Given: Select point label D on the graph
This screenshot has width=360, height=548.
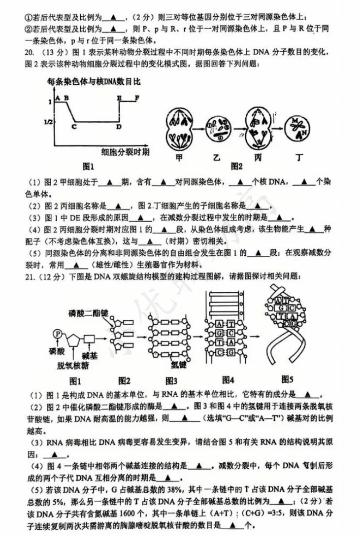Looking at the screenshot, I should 119,127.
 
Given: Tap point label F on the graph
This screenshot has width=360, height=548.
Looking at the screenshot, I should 137,98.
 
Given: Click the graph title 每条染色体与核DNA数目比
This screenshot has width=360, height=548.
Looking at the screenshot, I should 94,82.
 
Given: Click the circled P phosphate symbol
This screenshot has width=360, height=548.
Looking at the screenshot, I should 58,334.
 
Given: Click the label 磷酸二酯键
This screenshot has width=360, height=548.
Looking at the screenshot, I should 88,312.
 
